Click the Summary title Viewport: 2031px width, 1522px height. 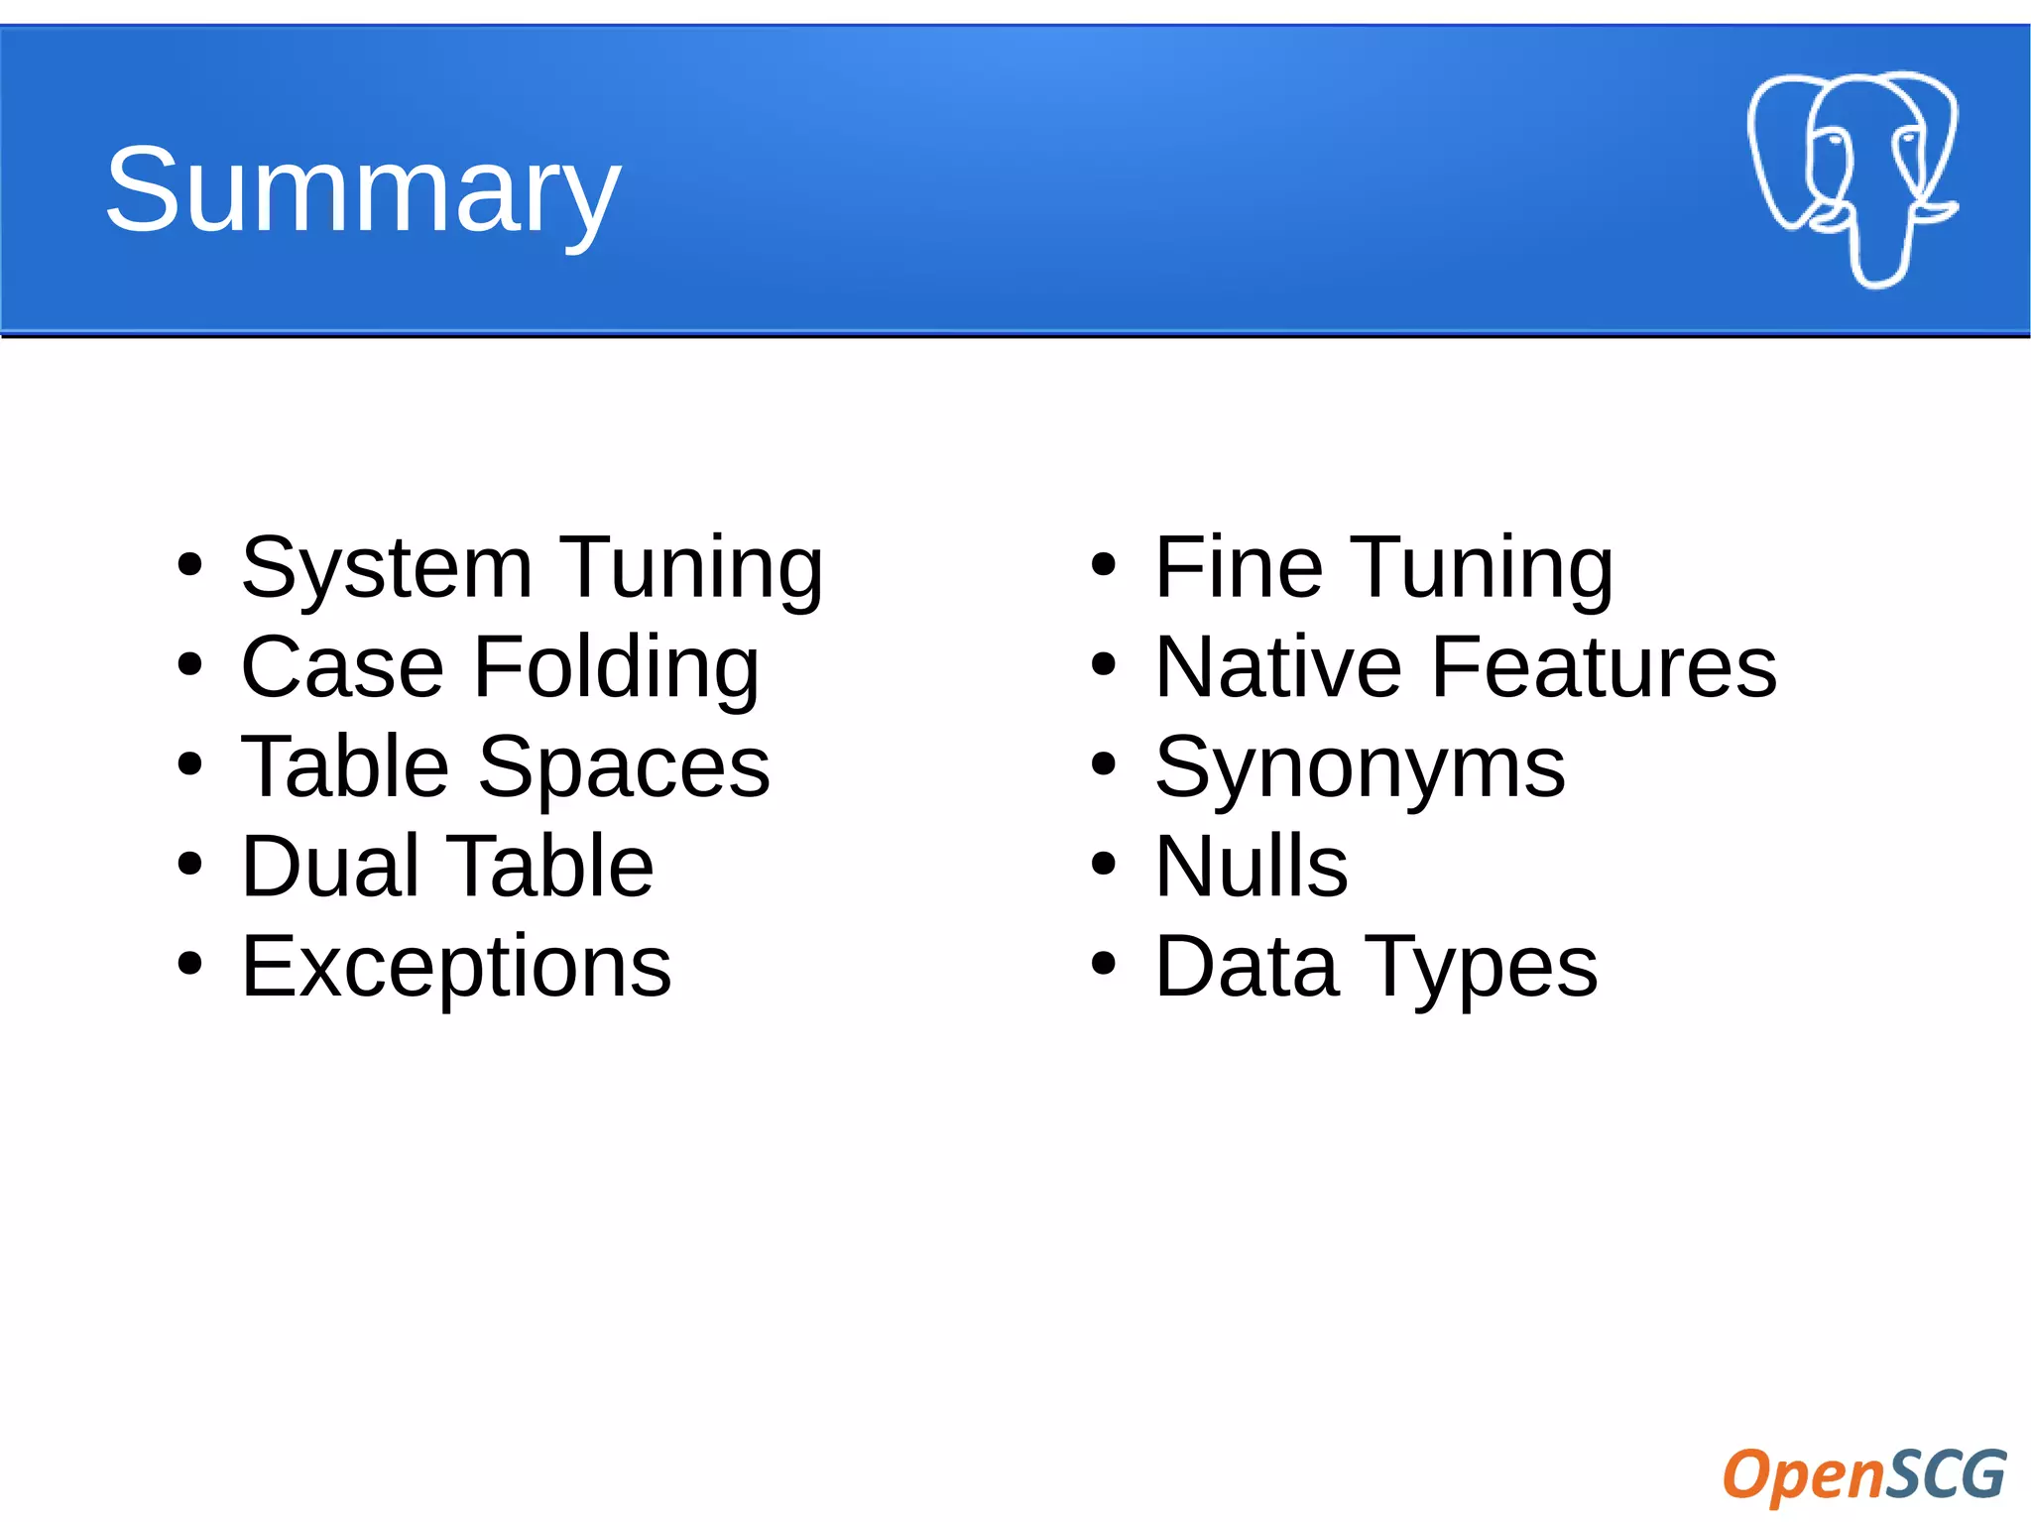363,189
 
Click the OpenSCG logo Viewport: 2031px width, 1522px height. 1863,1473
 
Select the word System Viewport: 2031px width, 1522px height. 387,569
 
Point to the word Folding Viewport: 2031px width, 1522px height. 616,668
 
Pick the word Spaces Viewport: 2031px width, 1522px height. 624,767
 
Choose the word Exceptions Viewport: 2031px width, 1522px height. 456,966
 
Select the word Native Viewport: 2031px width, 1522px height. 1278,668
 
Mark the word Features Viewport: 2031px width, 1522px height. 1604,668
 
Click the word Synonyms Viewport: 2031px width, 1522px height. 1360,769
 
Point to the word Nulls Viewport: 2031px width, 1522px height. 1252,867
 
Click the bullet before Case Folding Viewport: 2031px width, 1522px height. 189,665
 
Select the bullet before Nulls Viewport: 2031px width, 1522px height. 1103,864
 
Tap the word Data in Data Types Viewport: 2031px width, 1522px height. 1247,966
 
